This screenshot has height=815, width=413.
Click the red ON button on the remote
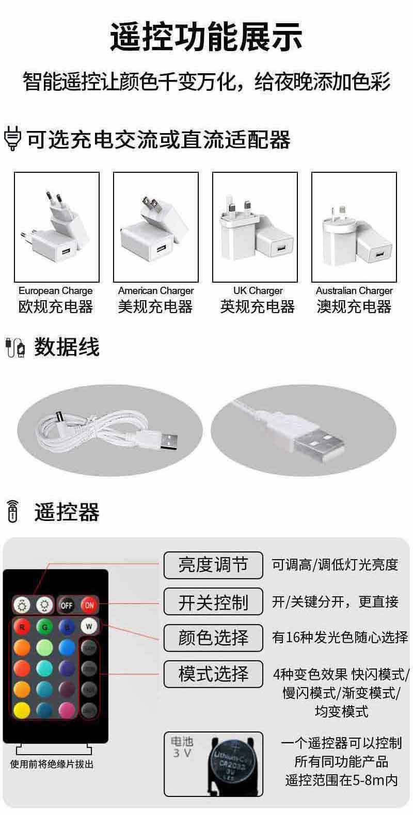click(89, 605)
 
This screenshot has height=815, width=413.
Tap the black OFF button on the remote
click(67, 605)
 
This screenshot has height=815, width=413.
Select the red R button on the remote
click(22, 627)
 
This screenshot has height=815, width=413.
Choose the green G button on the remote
click(44, 627)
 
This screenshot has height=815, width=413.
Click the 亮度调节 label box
click(213, 565)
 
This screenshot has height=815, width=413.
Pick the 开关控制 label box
click(213, 601)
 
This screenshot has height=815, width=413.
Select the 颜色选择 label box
click(213, 638)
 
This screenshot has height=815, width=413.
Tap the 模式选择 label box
click(213, 674)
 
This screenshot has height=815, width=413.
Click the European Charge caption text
click(56, 291)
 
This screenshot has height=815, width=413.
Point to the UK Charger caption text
click(258, 291)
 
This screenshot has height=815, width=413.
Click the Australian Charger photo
click(354, 227)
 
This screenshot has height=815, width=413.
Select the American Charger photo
click(155, 227)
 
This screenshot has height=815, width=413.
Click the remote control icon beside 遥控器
click(12, 512)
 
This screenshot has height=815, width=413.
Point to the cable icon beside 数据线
click(15, 347)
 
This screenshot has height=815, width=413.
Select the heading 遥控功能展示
click(206, 36)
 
